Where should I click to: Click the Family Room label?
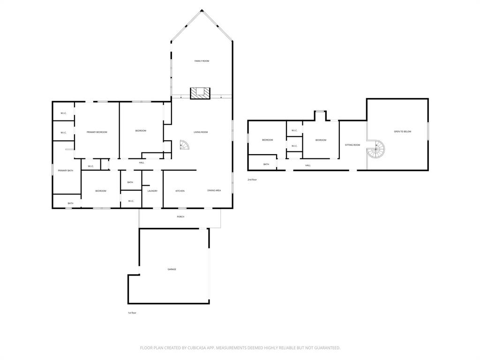click(x=202, y=61)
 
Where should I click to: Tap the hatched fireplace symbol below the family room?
click(x=201, y=93)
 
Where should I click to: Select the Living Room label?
click(x=201, y=132)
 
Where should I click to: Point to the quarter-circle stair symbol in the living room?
click(x=185, y=146)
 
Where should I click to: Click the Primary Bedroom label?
click(x=97, y=132)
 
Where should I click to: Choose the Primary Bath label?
click(x=66, y=171)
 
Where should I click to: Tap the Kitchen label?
click(x=180, y=191)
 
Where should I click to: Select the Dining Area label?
click(x=214, y=191)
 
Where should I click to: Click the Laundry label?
click(x=152, y=191)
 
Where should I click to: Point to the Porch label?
click(x=180, y=217)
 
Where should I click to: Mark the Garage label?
click(x=172, y=269)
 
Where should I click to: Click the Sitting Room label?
click(x=352, y=145)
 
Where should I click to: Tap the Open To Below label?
click(x=402, y=132)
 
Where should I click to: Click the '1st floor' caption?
click(x=132, y=313)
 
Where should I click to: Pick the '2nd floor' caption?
click(x=252, y=180)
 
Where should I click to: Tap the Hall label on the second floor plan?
click(x=308, y=165)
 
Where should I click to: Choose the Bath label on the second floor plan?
click(x=266, y=164)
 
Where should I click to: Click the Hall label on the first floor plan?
click(x=142, y=163)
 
